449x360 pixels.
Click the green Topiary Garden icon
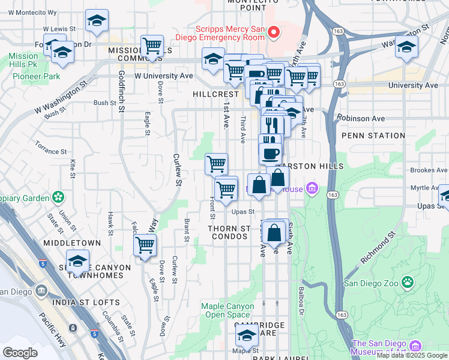coord(58,197)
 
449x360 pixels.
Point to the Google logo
coord(20,352)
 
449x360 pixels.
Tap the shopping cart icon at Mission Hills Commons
coord(152,46)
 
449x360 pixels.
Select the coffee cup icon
coord(270,152)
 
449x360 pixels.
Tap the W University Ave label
coord(163,76)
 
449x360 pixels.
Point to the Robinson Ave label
coord(361,118)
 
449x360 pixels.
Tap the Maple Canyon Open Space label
coord(225,310)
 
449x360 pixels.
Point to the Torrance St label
coord(50,146)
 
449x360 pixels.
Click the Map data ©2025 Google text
coord(412,355)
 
